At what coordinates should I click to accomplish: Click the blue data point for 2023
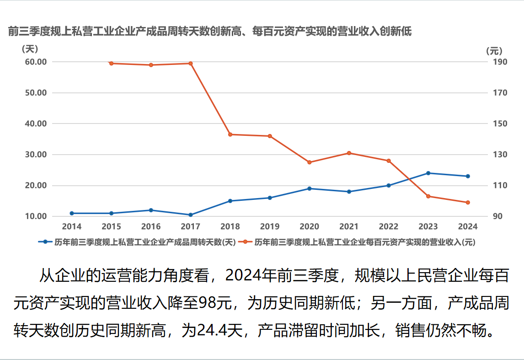tap(428, 173)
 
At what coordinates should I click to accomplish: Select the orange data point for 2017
tap(190, 64)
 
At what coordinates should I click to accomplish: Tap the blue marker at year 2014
tap(72, 213)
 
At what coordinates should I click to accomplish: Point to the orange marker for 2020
tap(309, 162)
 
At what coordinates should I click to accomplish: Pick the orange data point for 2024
tap(468, 203)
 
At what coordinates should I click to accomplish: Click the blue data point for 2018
tap(230, 201)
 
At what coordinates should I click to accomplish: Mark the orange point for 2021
tap(349, 153)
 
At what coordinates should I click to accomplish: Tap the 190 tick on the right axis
tap(501, 62)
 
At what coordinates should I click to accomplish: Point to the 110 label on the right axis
tap(501, 186)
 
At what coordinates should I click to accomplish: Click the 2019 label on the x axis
tap(269, 226)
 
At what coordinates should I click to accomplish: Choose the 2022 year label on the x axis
tap(388, 226)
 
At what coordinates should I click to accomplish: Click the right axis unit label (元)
tap(494, 50)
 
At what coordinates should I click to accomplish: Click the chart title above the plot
tap(210, 32)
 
